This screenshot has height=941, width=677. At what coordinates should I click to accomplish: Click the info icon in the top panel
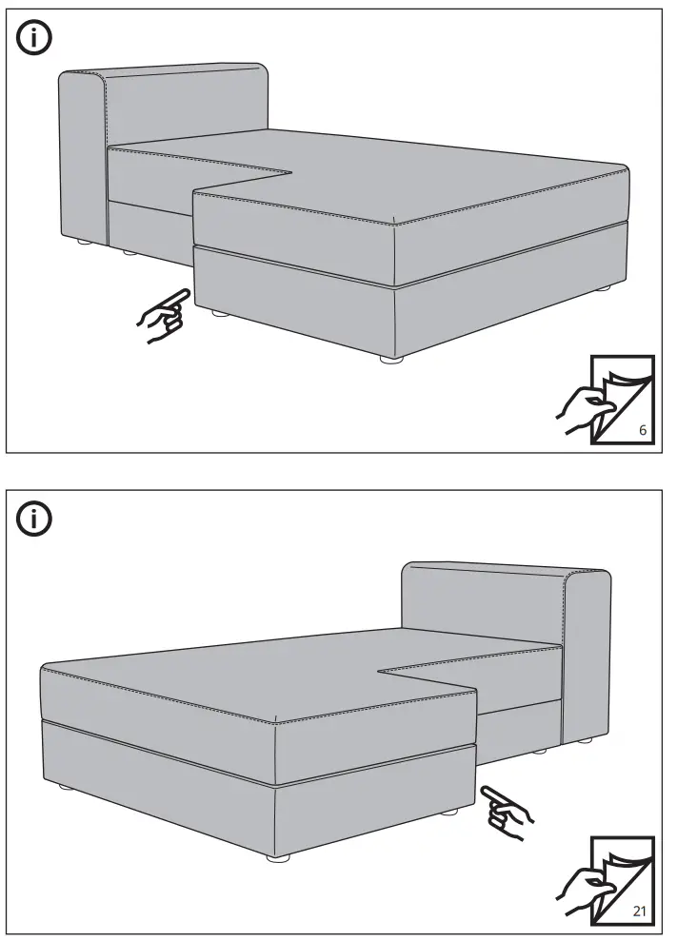click(34, 37)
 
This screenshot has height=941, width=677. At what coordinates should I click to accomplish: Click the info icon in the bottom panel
click(34, 518)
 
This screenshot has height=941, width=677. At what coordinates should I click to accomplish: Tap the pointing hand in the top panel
click(164, 316)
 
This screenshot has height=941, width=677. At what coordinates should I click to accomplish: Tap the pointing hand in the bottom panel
click(507, 812)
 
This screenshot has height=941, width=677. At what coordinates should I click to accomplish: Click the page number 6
click(643, 430)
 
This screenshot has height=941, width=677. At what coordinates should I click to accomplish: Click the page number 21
click(639, 911)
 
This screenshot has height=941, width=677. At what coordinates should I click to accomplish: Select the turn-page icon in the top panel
click(605, 400)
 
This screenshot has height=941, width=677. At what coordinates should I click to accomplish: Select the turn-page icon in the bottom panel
click(605, 880)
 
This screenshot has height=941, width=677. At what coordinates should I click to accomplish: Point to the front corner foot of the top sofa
click(391, 359)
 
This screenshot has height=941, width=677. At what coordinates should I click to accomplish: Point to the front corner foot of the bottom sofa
click(278, 858)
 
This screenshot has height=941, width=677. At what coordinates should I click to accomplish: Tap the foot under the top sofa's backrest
click(84, 243)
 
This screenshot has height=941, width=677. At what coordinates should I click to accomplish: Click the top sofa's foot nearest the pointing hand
click(219, 313)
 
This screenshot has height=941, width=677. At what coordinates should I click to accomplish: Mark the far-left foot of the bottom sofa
click(66, 787)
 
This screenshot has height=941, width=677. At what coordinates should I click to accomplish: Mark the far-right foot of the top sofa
click(603, 288)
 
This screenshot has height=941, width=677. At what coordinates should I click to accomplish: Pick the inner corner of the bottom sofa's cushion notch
click(378, 671)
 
